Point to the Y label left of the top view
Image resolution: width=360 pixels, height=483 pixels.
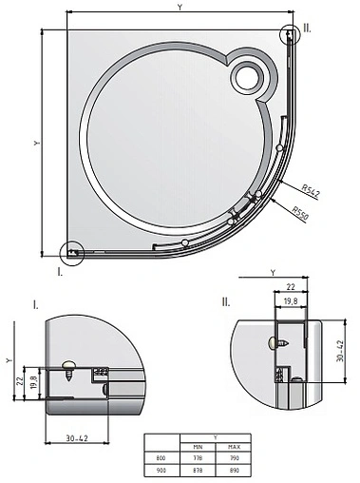[x=35, y=143]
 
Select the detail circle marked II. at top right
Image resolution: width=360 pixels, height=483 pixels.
[x=291, y=33]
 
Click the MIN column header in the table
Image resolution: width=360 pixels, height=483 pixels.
[x=199, y=448]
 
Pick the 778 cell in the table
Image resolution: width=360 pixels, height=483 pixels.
[x=199, y=457]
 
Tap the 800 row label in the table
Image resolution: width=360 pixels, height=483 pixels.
[x=161, y=457]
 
